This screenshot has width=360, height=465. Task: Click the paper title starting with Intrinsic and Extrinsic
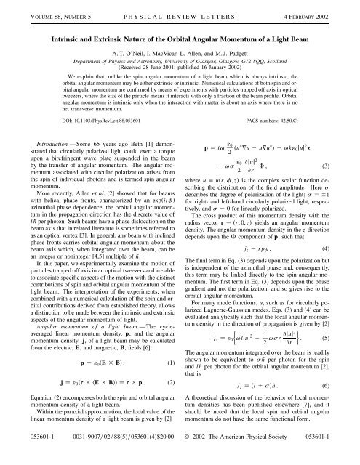(x=180, y=30)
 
